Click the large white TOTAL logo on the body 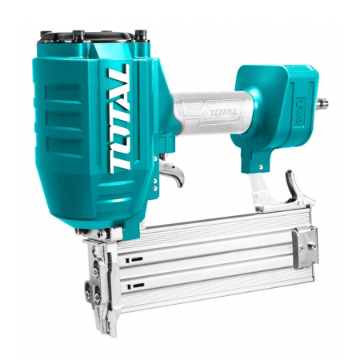click(x=119, y=119)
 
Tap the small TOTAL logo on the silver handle click(x=219, y=113)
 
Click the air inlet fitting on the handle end click(x=322, y=103)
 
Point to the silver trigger click(x=173, y=173)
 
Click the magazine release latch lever click(x=294, y=186)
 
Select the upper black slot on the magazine click(x=137, y=259)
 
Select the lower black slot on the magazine click(x=138, y=286)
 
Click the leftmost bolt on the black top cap click(x=46, y=34)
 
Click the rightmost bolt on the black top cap click(x=141, y=34)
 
